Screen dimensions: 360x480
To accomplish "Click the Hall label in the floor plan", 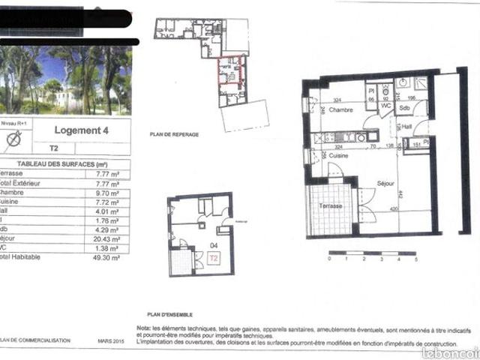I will pyautogui.click(x=407, y=127).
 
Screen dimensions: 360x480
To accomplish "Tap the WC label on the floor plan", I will pyautogui.click(x=385, y=106).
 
